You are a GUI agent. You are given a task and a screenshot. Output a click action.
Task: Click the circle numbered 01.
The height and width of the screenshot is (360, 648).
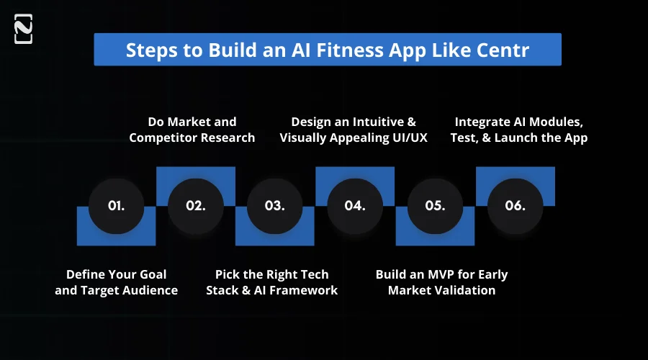point(116,205)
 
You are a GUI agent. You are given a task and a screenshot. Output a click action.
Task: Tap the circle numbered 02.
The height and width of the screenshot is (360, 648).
point(195,205)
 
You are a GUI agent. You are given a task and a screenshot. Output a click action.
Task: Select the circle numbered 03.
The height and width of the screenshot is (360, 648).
point(274,205)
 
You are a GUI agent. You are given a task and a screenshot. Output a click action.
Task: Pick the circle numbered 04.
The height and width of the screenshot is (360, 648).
point(354,205)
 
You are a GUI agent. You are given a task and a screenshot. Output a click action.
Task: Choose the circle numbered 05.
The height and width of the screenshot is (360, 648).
point(434,205)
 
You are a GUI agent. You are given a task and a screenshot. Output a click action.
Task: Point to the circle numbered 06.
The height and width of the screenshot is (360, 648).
point(514,205)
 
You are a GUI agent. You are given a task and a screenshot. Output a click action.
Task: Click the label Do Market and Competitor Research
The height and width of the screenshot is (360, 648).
point(192,130)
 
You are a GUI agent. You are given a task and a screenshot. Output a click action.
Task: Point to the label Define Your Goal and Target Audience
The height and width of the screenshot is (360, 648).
point(116,282)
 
